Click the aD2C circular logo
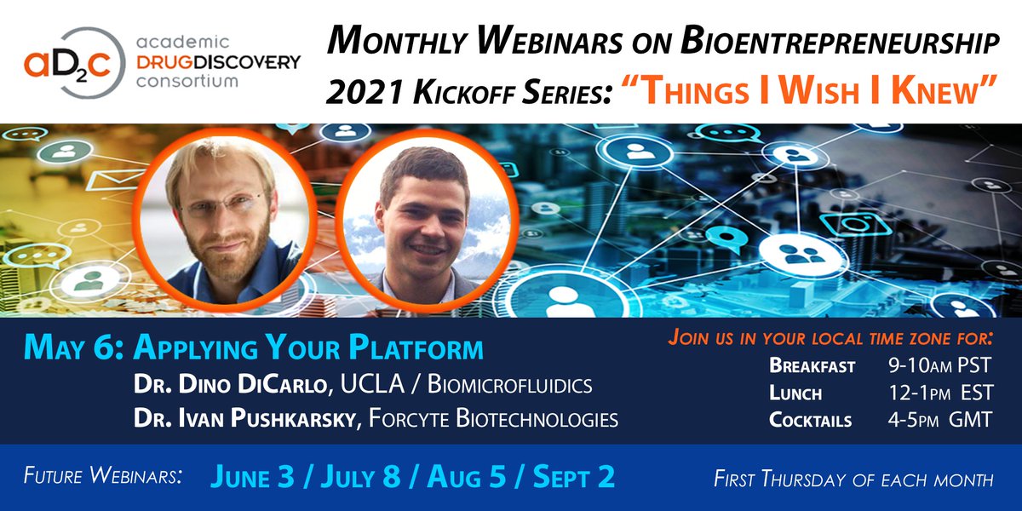pos(74,63)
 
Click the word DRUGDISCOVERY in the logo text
pos(219,62)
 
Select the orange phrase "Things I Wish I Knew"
pos(808,90)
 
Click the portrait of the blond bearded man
pos(224,220)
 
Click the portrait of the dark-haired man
pos(427,221)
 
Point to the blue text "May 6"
pos(73,348)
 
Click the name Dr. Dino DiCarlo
pos(231,384)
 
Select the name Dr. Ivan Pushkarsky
pos(247,418)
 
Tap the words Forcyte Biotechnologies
pos(493,418)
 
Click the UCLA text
pos(372,384)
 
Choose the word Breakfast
pos(812,366)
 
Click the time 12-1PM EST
pos(941,393)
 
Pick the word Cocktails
pos(810,420)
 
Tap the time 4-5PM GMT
pos(940,420)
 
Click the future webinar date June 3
pos(252,477)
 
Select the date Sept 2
pos(574,477)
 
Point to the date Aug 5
pos(467,477)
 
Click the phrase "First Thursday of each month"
pos(853,479)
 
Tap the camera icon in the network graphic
pos(855,223)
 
